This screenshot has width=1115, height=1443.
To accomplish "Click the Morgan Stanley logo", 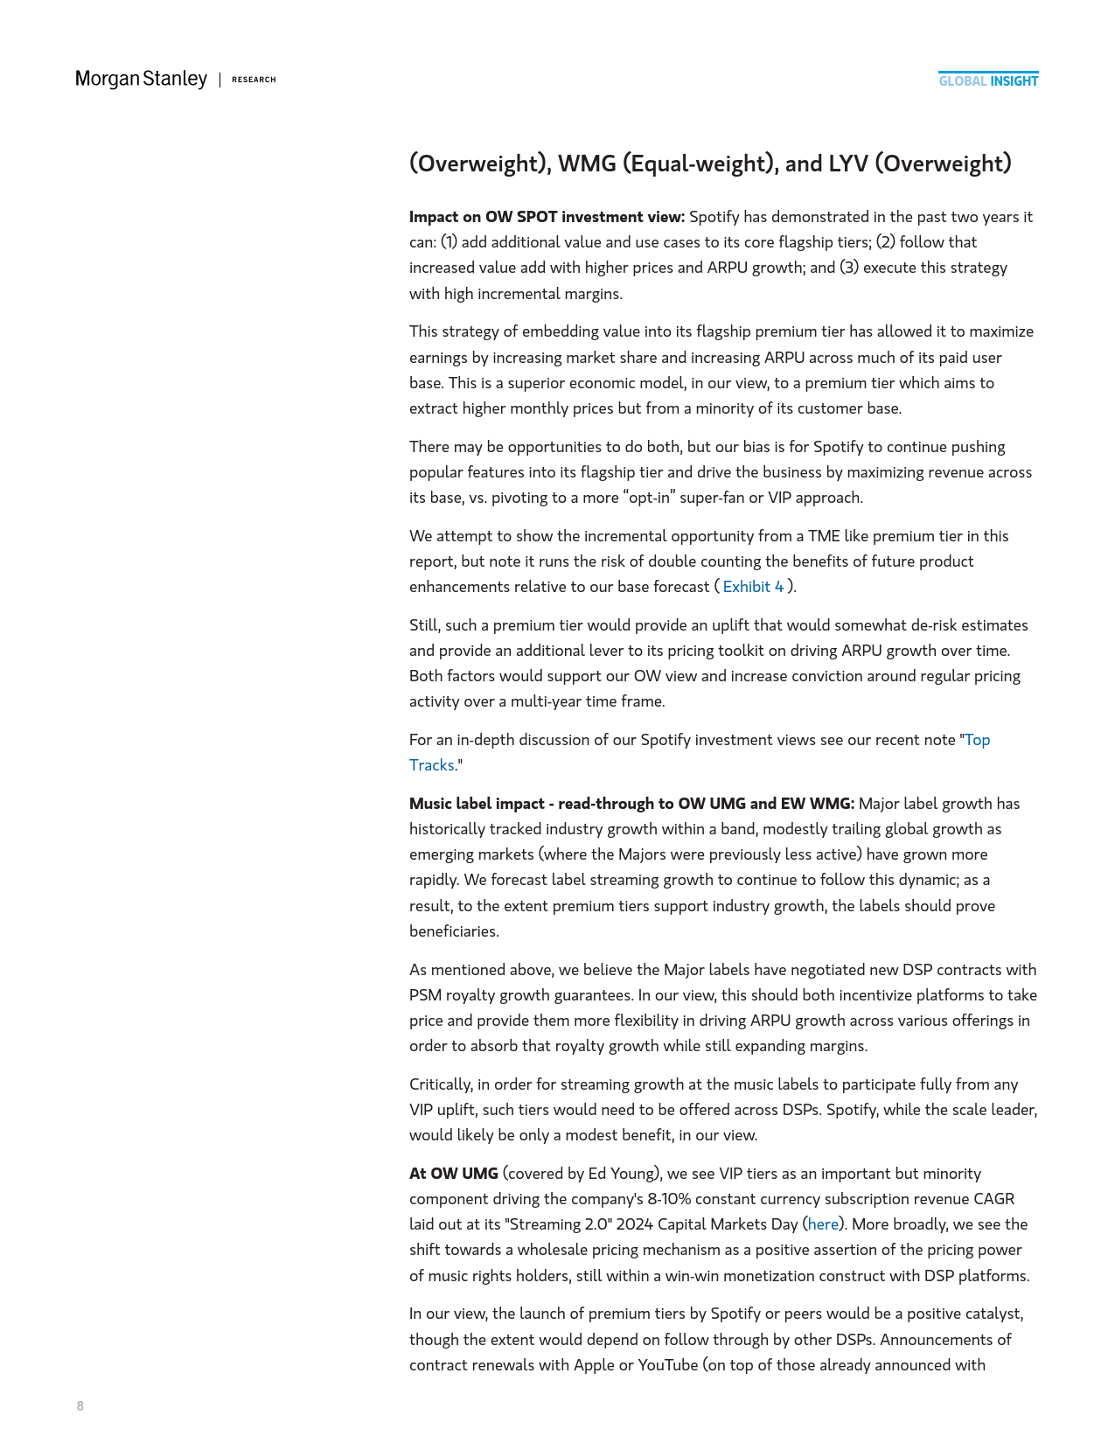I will pos(141,80).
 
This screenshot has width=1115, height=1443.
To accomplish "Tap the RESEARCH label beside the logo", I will pos(254,80).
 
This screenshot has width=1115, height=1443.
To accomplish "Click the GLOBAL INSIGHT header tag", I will pos(988,81).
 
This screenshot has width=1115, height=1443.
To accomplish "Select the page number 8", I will pos(80,1405).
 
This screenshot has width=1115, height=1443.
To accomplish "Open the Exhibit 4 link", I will pos(753,587).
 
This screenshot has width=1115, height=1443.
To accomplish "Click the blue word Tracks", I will pos(431,765).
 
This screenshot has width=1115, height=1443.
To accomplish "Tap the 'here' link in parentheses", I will pos(823,1224).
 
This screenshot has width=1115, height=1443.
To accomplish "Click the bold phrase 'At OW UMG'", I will pos(453,1174).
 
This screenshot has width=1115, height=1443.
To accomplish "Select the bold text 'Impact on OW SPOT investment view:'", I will pos(547,217).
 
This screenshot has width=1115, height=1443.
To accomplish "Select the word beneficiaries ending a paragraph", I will pos(454,931).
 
